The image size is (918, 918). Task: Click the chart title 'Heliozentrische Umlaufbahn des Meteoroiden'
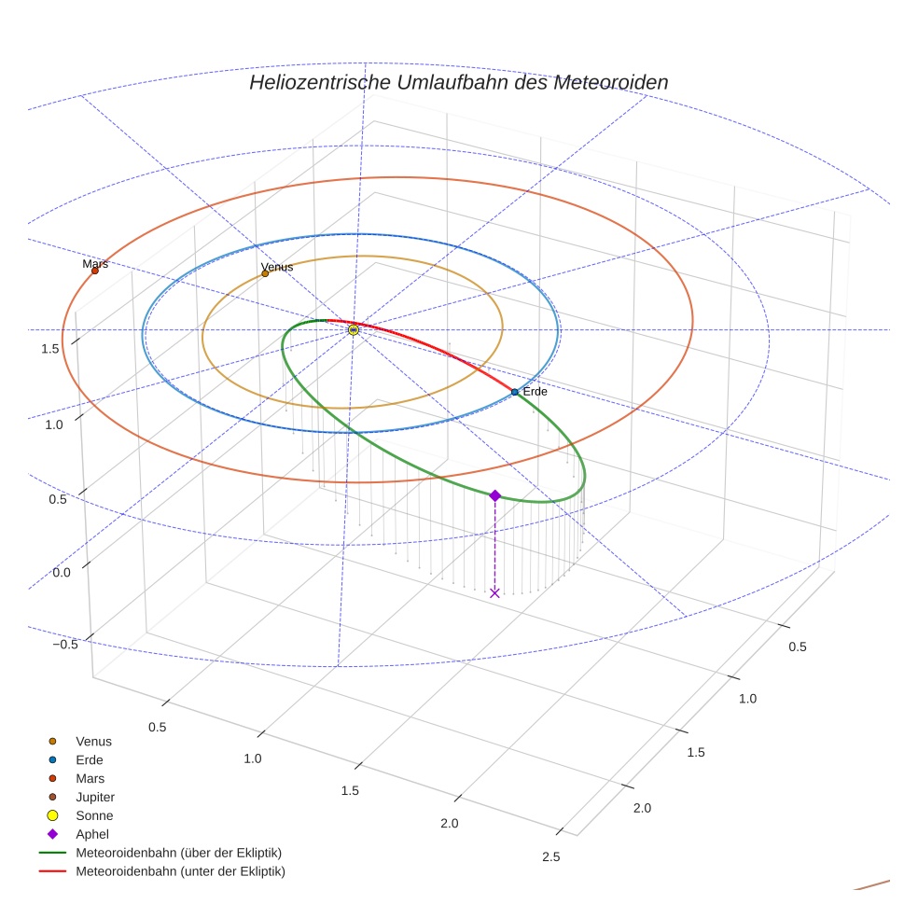tap(458, 82)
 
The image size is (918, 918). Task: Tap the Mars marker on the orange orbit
tap(95, 271)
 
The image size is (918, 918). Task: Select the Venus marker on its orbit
tap(265, 273)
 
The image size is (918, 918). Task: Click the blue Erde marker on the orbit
tap(515, 392)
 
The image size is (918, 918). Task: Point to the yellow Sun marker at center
tap(354, 329)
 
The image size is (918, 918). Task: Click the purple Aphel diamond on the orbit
tap(494, 495)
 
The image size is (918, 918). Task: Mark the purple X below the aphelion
tap(494, 592)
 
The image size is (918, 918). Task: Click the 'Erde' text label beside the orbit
tap(535, 392)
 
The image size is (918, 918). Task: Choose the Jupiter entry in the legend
tap(94, 797)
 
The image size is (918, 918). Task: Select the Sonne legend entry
tap(94, 815)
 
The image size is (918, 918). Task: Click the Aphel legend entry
tap(91, 834)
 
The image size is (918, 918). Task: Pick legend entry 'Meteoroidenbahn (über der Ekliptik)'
tap(178, 853)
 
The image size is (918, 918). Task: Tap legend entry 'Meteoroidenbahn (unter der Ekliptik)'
tap(180, 871)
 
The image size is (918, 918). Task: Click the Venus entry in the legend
tap(93, 741)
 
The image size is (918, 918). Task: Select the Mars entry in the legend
tap(90, 778)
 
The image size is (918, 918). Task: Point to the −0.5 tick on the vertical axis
tap(64, 645)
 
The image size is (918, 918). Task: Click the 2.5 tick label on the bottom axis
tap(551, 857)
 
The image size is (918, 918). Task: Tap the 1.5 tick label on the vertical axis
tap(50, 349)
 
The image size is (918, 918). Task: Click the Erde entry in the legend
tap(89, 759)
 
